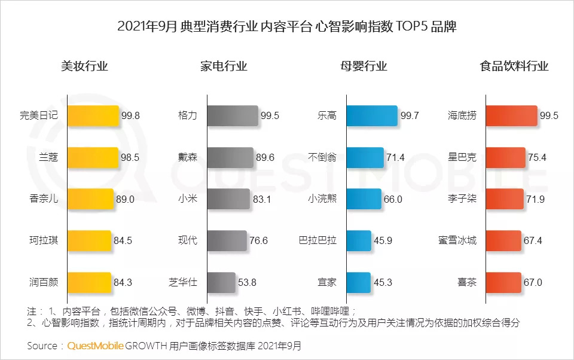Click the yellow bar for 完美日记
93,115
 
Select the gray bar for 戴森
230,157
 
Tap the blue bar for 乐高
371,115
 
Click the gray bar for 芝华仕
221,282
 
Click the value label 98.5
130,157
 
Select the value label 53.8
248,282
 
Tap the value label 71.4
395,157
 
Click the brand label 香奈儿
44,199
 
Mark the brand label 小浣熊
322,199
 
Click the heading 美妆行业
84,66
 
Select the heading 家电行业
224,66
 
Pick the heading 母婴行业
364,66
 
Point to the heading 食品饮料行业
514,66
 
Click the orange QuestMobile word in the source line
96,346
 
